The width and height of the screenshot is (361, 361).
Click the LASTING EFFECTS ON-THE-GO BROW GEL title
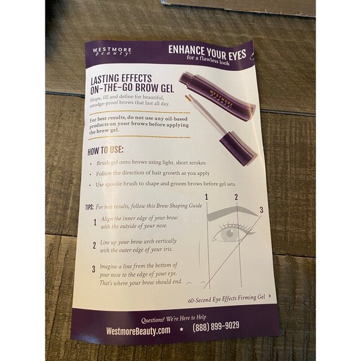(x=127, y=83)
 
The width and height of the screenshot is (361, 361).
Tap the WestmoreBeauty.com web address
(x=138, y=330)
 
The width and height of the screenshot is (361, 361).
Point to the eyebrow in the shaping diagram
(x=230, y=213)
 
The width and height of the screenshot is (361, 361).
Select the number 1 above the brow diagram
(x=206, y=197)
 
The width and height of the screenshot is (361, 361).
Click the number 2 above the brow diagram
(x=236, y=198)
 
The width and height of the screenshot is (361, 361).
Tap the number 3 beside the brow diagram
(x=262, y=210)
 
